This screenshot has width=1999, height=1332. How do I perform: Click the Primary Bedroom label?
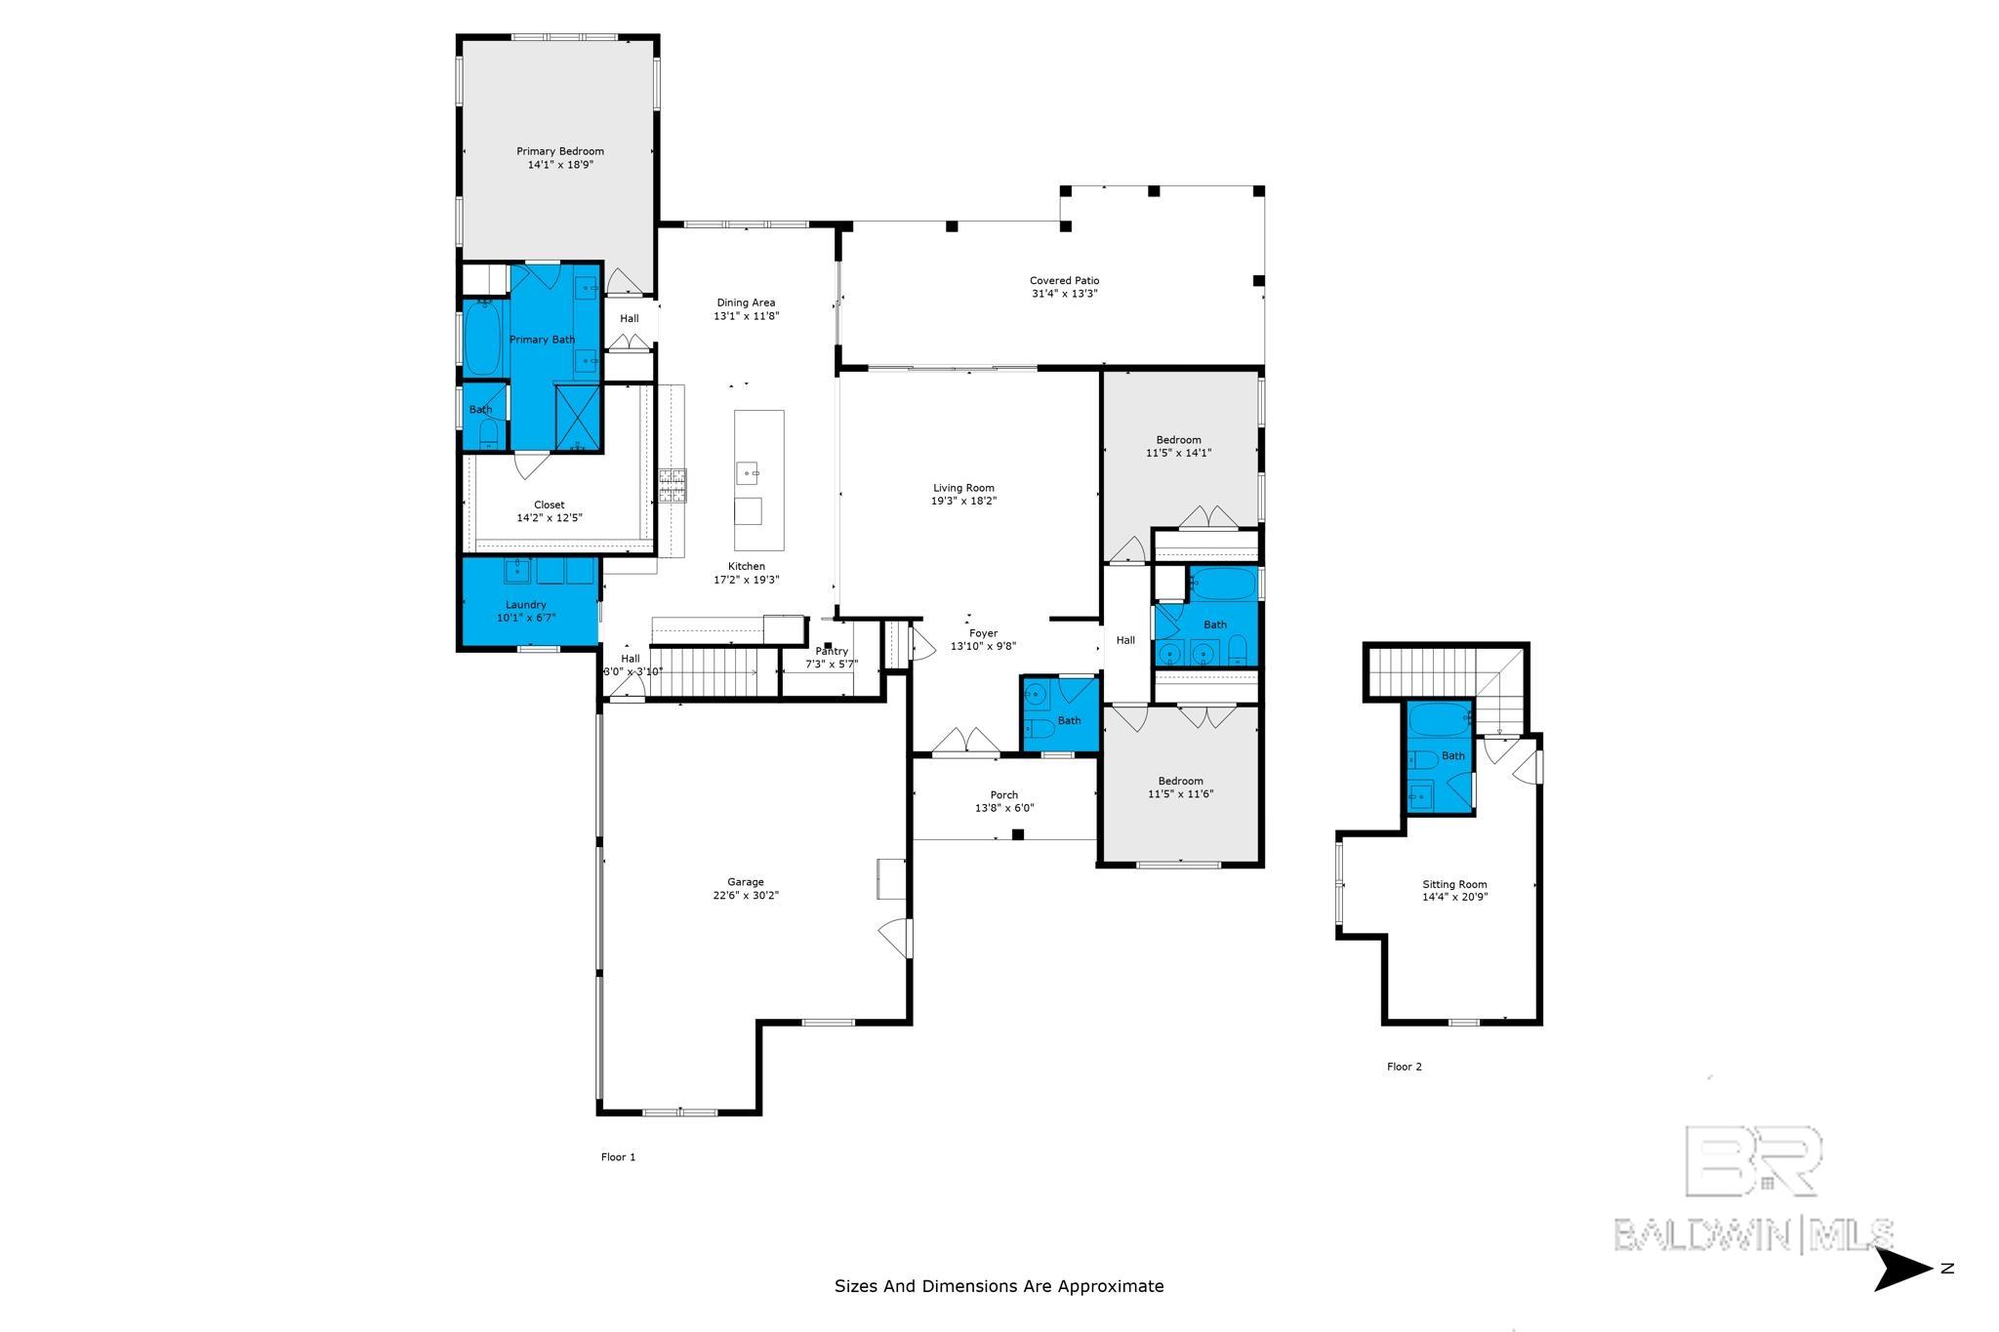coord(560,151)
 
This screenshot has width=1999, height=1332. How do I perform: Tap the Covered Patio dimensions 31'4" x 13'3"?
coord(1064,294)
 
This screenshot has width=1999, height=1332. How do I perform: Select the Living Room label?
coord(963,488)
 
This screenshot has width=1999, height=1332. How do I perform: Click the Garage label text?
coord(746,882)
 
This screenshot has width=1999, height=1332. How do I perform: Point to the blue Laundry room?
coord(527,611)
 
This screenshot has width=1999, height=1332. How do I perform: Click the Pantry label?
coord(832,651)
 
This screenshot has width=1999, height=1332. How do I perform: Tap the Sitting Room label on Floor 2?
coord(1454,884)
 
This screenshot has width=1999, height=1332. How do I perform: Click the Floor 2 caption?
coord(1404,1067)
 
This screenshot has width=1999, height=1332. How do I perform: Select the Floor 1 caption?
coord(618,1157)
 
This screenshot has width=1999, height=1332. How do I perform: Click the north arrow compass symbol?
coord(1903,1269)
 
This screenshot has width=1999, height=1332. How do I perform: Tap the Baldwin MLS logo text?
coord(1752,1234)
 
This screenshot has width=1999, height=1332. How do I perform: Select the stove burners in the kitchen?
coord(673,485)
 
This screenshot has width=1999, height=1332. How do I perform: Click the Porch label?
coord(1003,795)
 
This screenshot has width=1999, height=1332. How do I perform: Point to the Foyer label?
coord(983,633)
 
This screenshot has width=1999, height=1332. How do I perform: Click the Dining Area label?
coord(746,303)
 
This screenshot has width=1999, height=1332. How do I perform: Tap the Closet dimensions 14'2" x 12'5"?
coord(549,518)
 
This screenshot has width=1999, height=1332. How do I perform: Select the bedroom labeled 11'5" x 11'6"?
coord(1180,787)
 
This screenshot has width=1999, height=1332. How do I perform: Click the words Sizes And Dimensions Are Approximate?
coord(999,1286)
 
